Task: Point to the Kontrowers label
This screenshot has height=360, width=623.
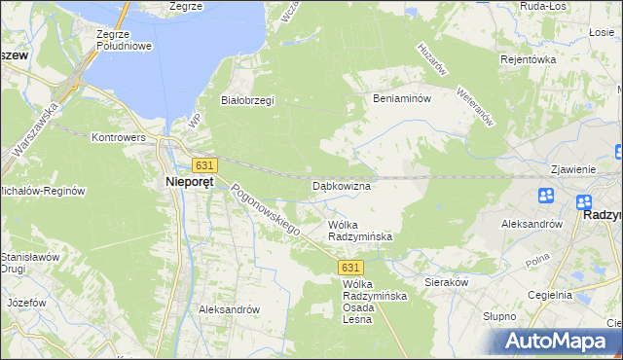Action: (x=119, y=138)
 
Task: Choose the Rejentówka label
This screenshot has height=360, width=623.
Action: (x=554, y=59)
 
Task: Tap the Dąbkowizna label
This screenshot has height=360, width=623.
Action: (x=341, y=185)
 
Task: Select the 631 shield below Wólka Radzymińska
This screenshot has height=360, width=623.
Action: (x=351, y=267)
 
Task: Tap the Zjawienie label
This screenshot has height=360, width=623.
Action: (x=572, y=168)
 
